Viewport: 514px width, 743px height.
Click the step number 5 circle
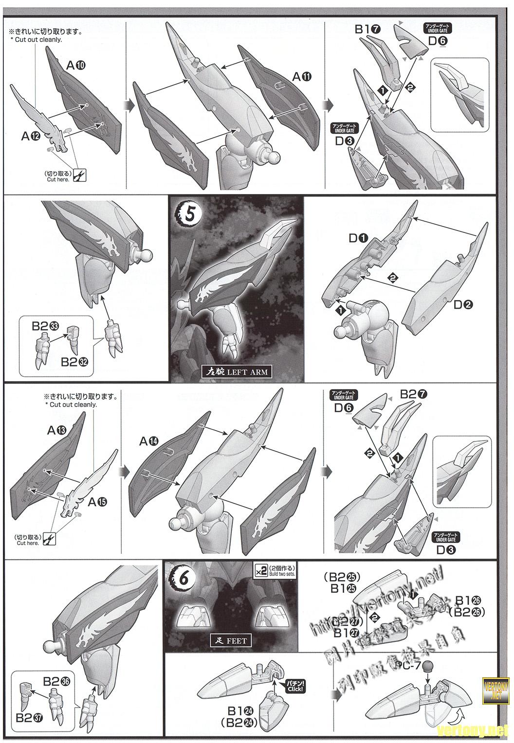[x=187, y=215]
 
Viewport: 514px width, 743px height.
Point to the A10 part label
[x=76, y=65]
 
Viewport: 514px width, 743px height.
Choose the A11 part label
[x=301, y=77]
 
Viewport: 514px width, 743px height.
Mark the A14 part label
[x=149, y=441]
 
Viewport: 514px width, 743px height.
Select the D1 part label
[x=358, y=238]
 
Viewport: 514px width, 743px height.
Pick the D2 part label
[x=463, y=305]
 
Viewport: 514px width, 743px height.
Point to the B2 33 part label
[x=45, y=326]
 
